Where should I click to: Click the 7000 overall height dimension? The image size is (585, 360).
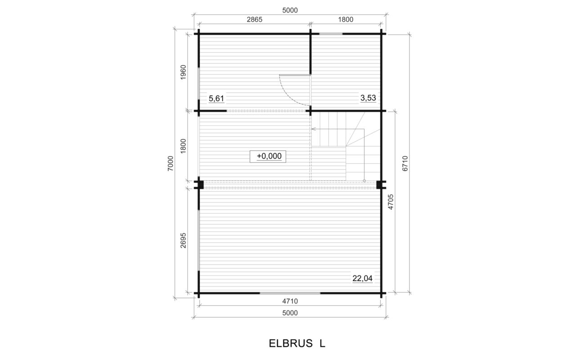[x=170, y=163]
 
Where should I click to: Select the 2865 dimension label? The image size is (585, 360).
[x=254, y=20]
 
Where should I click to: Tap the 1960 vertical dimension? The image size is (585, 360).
[x=183, y=72]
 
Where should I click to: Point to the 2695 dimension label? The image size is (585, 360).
[x=183, y=240]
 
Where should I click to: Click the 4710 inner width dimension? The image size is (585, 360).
[x=290, y=301]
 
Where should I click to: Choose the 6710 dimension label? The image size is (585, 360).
[x=405, y=163]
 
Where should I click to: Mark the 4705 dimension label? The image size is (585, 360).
[x=391, y=202]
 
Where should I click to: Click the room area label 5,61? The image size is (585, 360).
[x=216, y=99]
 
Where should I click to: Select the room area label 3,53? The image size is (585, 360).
[x=368, y=98]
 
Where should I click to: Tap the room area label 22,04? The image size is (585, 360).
[x=363, y=279]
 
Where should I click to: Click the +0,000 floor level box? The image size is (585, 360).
[x=268, y=157]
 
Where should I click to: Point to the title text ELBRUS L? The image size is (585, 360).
[x=297, y=343]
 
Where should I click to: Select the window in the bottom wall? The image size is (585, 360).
[x=290, y=293]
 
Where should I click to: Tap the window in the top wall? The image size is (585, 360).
[x=331, y=34]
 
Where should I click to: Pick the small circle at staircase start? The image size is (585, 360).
[x=364, y=181]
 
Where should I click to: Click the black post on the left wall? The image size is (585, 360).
[x=200, y=184]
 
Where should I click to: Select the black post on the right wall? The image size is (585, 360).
[x=379, y=184]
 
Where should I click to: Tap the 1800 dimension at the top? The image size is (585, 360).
[x=346, y=20]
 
